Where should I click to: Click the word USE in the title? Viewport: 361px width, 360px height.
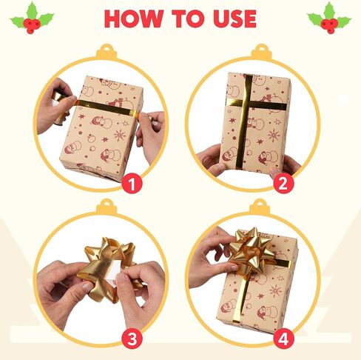[x=235, y=19]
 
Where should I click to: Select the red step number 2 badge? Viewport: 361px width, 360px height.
[x=283, y=184]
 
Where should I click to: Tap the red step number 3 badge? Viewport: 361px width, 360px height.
[x=132, y=339]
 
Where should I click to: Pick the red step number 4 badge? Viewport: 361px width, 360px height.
[x=283, y=339]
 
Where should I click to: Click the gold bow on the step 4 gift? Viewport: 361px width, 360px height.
[x=250, y=252]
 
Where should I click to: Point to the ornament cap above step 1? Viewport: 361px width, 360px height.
[x=107, y=52]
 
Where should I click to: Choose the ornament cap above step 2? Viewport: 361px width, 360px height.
[x=261, y=52]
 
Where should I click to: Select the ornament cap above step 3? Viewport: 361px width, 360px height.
[x=107, y=207]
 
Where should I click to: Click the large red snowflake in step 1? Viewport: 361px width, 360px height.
[x=120, y=135]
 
